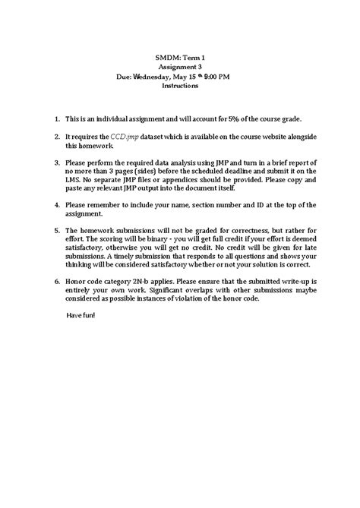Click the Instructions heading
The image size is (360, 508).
click(180, 87)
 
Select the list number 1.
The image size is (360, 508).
click(57, 120)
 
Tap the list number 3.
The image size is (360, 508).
click(57, 162)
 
